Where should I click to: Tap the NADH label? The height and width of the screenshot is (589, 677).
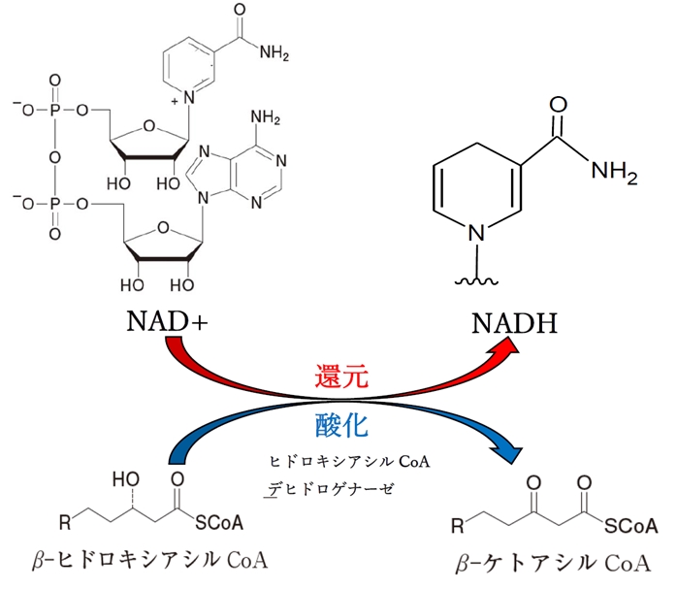[x=511, y=319]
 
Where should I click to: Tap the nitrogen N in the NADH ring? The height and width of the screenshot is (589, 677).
[x=476, y=231]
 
